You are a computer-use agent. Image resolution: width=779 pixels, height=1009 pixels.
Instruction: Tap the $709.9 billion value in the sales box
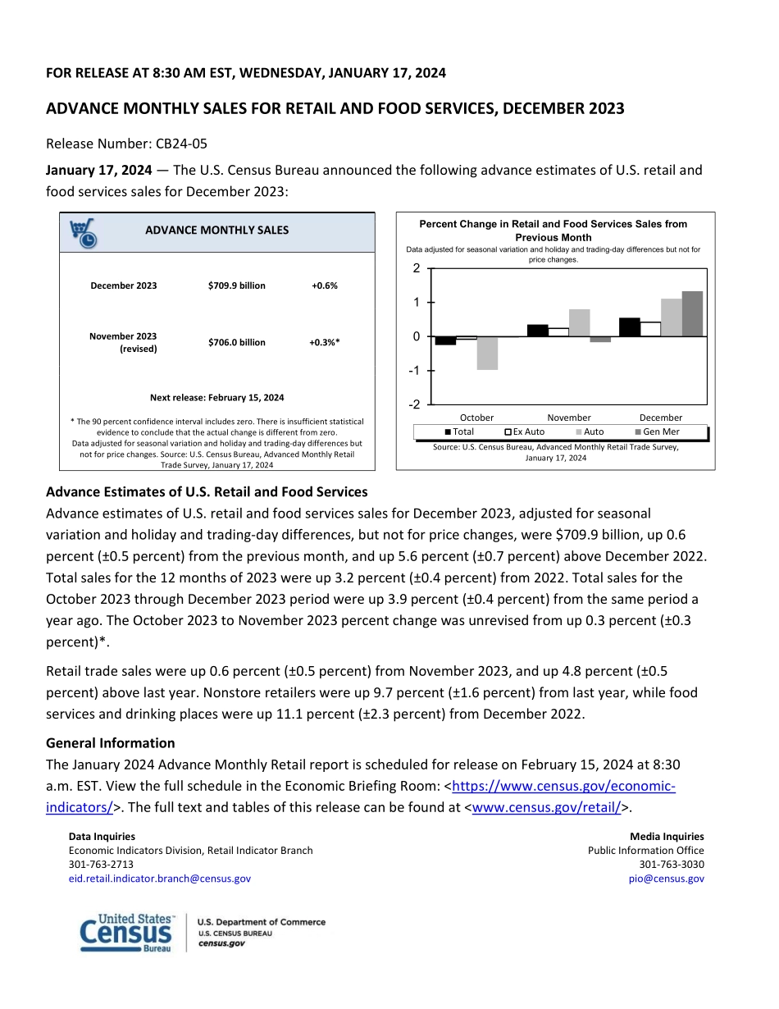(x=237, y=285)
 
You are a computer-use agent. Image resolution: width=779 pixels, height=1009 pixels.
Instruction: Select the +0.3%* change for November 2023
(x=325, y=342)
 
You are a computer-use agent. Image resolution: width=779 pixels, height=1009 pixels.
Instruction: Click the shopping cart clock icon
(x=82, y=233)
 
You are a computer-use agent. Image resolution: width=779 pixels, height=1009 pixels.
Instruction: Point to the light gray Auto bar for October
(x=487, y=354)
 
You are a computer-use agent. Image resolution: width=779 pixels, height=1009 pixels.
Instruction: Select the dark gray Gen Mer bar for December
(x=692, y=313)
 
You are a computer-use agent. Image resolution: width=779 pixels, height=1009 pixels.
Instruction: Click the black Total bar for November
(x=537, y=331)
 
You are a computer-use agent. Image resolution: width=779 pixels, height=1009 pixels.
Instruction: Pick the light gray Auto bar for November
(x=579, y=322)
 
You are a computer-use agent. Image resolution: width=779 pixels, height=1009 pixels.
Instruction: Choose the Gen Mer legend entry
(x=657, y=431)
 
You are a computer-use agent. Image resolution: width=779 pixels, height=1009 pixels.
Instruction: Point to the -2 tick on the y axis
(x=416, y=405)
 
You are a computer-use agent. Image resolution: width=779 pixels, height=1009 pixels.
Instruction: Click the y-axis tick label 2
(x=417, y=268)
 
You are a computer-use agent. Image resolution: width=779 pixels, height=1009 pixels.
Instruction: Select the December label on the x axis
(x=660, y=418)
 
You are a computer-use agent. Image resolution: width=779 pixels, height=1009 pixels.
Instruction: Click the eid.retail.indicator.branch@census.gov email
(x=160, y=879)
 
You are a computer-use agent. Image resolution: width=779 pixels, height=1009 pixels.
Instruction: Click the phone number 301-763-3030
(x=671, y=865)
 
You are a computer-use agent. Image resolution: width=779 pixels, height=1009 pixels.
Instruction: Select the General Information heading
(x=111, y=743)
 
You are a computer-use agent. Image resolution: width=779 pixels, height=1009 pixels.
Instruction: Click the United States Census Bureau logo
(x=127, y=933)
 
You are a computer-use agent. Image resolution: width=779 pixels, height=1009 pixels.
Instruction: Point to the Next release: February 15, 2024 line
(x=217, y=398)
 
